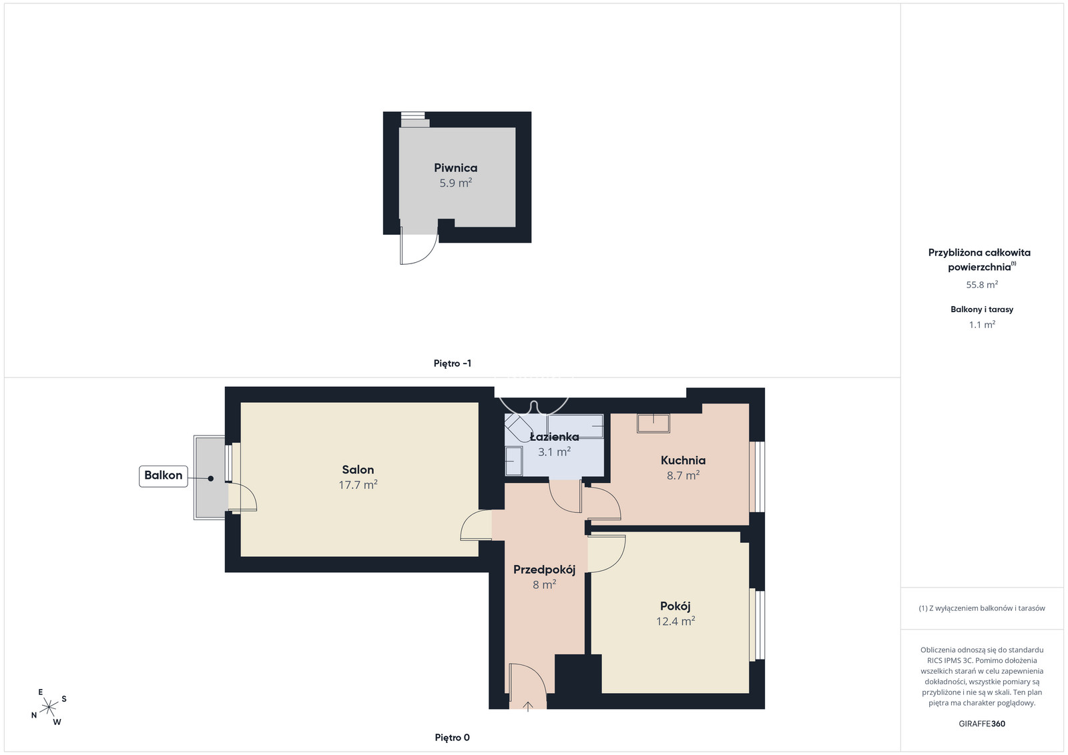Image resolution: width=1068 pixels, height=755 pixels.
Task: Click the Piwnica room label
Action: point(455,167)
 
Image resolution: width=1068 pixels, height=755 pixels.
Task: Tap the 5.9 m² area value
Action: point(455,183)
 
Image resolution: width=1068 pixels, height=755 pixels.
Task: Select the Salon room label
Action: point(358,470)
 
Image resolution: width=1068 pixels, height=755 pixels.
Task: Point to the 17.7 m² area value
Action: point(358,485)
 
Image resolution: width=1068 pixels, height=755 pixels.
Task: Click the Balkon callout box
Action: point(163,476)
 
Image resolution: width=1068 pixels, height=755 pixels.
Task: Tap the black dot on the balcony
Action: point(210,478)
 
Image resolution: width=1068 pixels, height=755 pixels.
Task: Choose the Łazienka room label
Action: point(554,437)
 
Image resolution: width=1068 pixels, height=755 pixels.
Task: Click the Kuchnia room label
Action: point(683,460)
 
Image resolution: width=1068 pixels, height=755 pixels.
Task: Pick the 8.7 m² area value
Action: point(683,476)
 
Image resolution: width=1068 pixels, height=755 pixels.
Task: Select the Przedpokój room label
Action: point(544,570)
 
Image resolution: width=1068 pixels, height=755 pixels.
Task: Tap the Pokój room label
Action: point(675,606)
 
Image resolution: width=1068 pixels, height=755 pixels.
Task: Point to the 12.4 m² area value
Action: point(675,621)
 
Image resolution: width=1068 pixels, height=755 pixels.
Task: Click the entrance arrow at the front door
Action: point(528,706)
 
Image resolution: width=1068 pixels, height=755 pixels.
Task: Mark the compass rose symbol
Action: point(49,708)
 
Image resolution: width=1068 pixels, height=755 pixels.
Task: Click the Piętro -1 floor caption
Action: point(452,363)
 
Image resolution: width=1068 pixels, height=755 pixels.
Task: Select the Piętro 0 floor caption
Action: point(452,738)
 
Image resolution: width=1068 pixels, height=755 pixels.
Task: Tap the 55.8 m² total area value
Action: point(982,285)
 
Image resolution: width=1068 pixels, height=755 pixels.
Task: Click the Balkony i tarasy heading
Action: point(982,309)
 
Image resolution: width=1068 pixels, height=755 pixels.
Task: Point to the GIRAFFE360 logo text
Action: point(982,724)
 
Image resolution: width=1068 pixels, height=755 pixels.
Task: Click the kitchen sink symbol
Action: point(653,424)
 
